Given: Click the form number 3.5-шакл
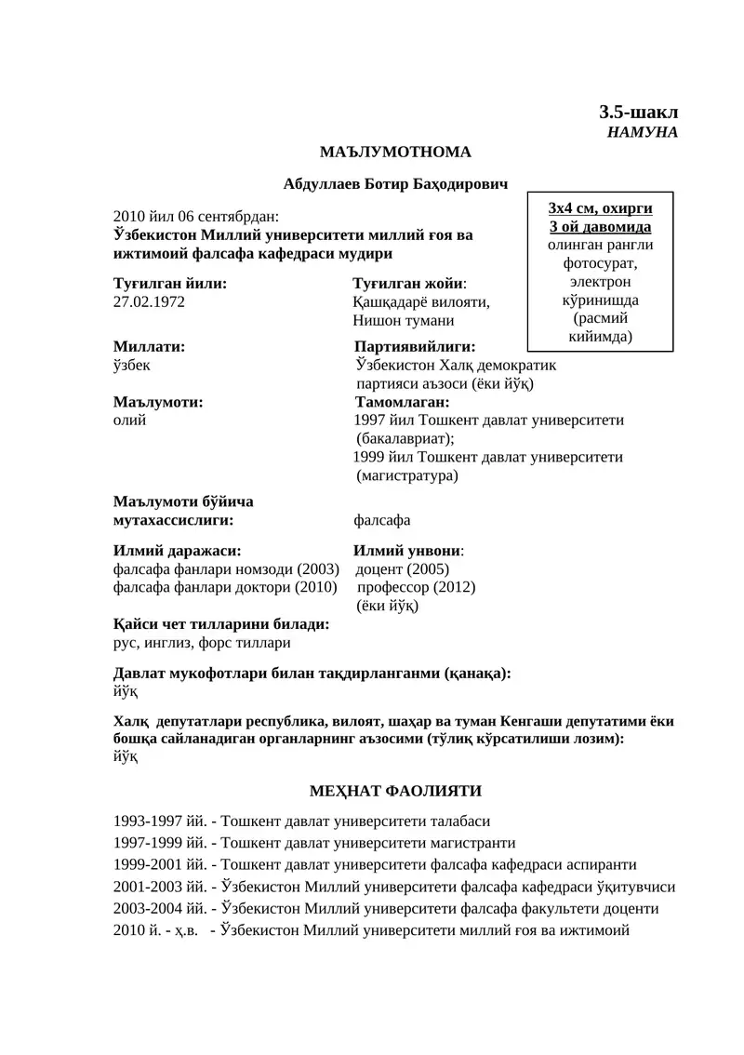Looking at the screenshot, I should tap(638, 112).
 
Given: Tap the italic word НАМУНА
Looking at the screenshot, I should tap(643, 132).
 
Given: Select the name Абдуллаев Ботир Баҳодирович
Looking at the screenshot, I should tap(395, 186).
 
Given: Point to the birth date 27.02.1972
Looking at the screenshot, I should tap(149, 302).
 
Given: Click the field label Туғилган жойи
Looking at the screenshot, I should tap(408, 283).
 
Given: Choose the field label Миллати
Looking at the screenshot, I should tap(149, 346).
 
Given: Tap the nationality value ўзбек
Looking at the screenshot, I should tap(131, 365).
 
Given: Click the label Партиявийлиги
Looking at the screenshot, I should tap(415, 346).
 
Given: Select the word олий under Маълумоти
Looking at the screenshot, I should tap(128, 420).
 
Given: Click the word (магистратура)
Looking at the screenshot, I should tap(406, 474).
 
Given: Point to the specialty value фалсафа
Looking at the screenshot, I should tap(381, 520).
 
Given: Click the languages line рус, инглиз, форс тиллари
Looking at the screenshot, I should tap(201, 642).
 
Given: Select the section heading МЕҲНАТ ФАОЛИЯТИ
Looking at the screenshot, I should tap(395, 792).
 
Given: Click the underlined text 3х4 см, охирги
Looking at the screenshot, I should tap(600, 207).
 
